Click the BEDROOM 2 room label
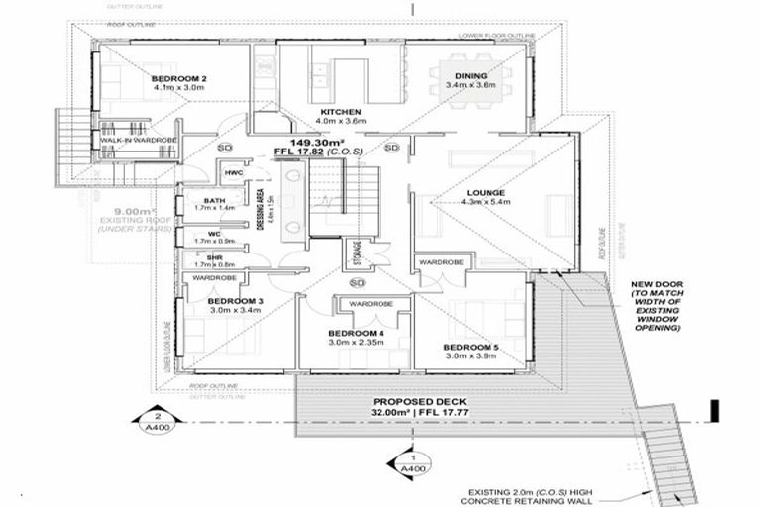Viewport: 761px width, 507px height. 179,78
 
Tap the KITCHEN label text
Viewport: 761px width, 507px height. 340,112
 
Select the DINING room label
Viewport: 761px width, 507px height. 471,76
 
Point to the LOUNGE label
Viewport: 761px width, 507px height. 486,192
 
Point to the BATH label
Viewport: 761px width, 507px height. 200,201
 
